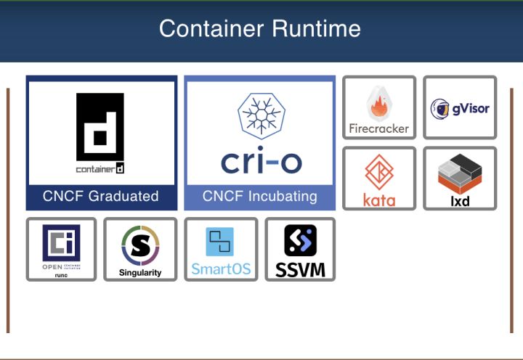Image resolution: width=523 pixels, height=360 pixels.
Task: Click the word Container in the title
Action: coord(211,29)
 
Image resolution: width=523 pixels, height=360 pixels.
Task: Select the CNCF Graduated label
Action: coord(100,196)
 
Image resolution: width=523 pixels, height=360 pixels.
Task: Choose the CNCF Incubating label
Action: coord(259,196)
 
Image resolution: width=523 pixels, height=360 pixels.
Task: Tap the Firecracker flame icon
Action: coord(378,104)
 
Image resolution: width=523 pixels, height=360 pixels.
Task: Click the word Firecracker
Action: coord(378,128)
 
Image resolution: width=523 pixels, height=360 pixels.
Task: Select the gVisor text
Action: coord(470,109)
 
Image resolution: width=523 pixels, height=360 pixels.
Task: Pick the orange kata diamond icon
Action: coord(378,172)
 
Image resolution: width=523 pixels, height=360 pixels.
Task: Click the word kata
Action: coord(378,200)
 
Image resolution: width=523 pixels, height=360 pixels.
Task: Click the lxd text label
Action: coord(460,200)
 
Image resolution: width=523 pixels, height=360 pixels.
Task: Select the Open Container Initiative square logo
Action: coord(61,242)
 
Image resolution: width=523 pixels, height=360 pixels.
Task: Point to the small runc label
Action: coord(61,275)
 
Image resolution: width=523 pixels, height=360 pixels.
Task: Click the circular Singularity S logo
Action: coord(140,247)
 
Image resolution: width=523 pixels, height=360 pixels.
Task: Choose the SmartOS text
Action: coord(221,269)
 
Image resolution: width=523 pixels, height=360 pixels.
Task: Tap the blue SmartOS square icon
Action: coord(220,242)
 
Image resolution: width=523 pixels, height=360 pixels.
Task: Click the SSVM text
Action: coord(300,271)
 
